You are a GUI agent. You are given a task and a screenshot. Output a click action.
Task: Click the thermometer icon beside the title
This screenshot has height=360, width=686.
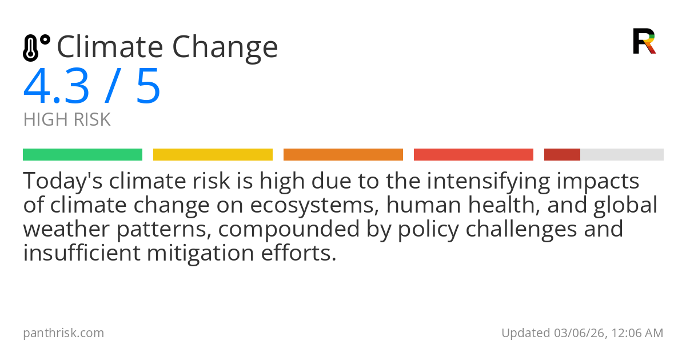point(35,47)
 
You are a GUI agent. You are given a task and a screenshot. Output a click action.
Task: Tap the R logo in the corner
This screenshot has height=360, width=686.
point(644,41)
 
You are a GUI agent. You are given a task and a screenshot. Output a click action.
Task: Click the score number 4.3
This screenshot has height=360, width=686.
point(57,87)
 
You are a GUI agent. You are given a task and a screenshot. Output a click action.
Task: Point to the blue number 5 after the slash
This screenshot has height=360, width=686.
point(149,87)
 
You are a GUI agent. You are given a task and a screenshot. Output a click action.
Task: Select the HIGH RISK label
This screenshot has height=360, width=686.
point(67,120)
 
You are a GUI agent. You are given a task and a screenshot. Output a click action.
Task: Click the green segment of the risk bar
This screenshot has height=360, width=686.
point(82,154)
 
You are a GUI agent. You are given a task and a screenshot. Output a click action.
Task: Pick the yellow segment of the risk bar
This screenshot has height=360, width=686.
point(213,154)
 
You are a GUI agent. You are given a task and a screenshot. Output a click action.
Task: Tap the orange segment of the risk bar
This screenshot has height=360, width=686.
point(343,154)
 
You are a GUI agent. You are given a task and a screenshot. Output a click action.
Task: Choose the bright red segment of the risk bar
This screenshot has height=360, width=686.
point(473,154)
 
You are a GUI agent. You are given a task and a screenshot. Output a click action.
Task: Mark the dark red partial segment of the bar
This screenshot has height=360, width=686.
point(562,154)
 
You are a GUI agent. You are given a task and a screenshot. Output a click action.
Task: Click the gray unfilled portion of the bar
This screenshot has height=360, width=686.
point(622,154)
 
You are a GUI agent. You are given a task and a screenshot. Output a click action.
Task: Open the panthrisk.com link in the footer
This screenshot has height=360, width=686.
point(63,333)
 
